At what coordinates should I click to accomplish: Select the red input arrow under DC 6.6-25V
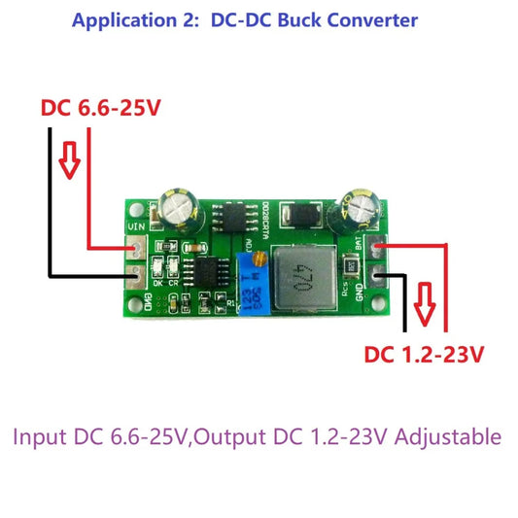pos(68,162)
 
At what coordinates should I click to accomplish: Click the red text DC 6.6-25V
pos(100,109)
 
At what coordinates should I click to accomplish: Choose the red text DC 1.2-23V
pos(425,356)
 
